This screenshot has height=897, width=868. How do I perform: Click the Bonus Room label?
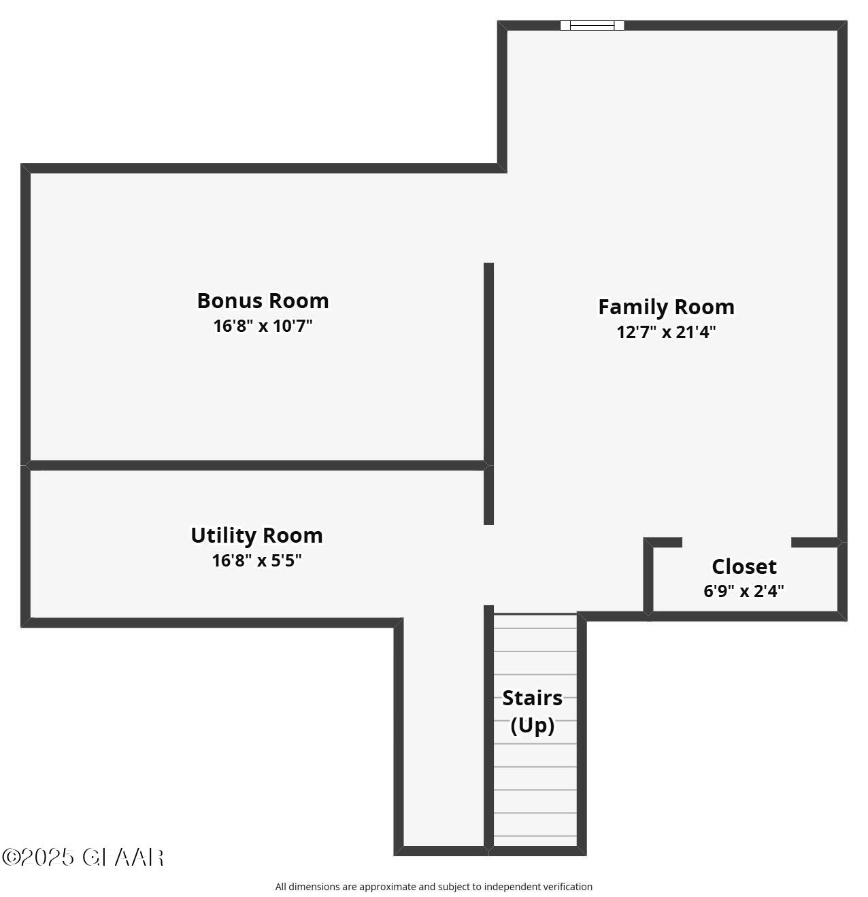[263, 301]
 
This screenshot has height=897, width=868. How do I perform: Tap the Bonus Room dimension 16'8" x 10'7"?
[263, 326]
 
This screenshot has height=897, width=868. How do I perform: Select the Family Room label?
[666, 307]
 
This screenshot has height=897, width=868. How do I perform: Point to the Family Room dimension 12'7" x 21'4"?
[666, 332]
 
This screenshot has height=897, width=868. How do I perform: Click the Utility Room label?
[256, 535]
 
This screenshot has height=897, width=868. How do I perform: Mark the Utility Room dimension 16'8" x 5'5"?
[256, 560]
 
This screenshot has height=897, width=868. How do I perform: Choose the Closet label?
[744, 566]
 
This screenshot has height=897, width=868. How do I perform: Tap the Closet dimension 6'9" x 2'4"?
[744, 590]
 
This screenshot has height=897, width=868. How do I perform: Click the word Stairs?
[532, 698]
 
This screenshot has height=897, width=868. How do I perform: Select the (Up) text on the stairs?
[532, 725]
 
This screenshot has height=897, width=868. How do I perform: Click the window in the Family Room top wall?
[592, 26]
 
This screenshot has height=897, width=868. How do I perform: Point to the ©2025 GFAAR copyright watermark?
[82, 857]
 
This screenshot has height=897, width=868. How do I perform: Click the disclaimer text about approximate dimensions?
[433, 887]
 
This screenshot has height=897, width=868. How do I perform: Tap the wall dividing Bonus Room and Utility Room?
[256, 466]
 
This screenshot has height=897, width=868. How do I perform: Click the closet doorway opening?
[737, 543]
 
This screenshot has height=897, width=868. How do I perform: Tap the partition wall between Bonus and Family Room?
[488, 360]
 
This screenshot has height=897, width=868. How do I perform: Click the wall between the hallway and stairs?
[488, 728]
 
